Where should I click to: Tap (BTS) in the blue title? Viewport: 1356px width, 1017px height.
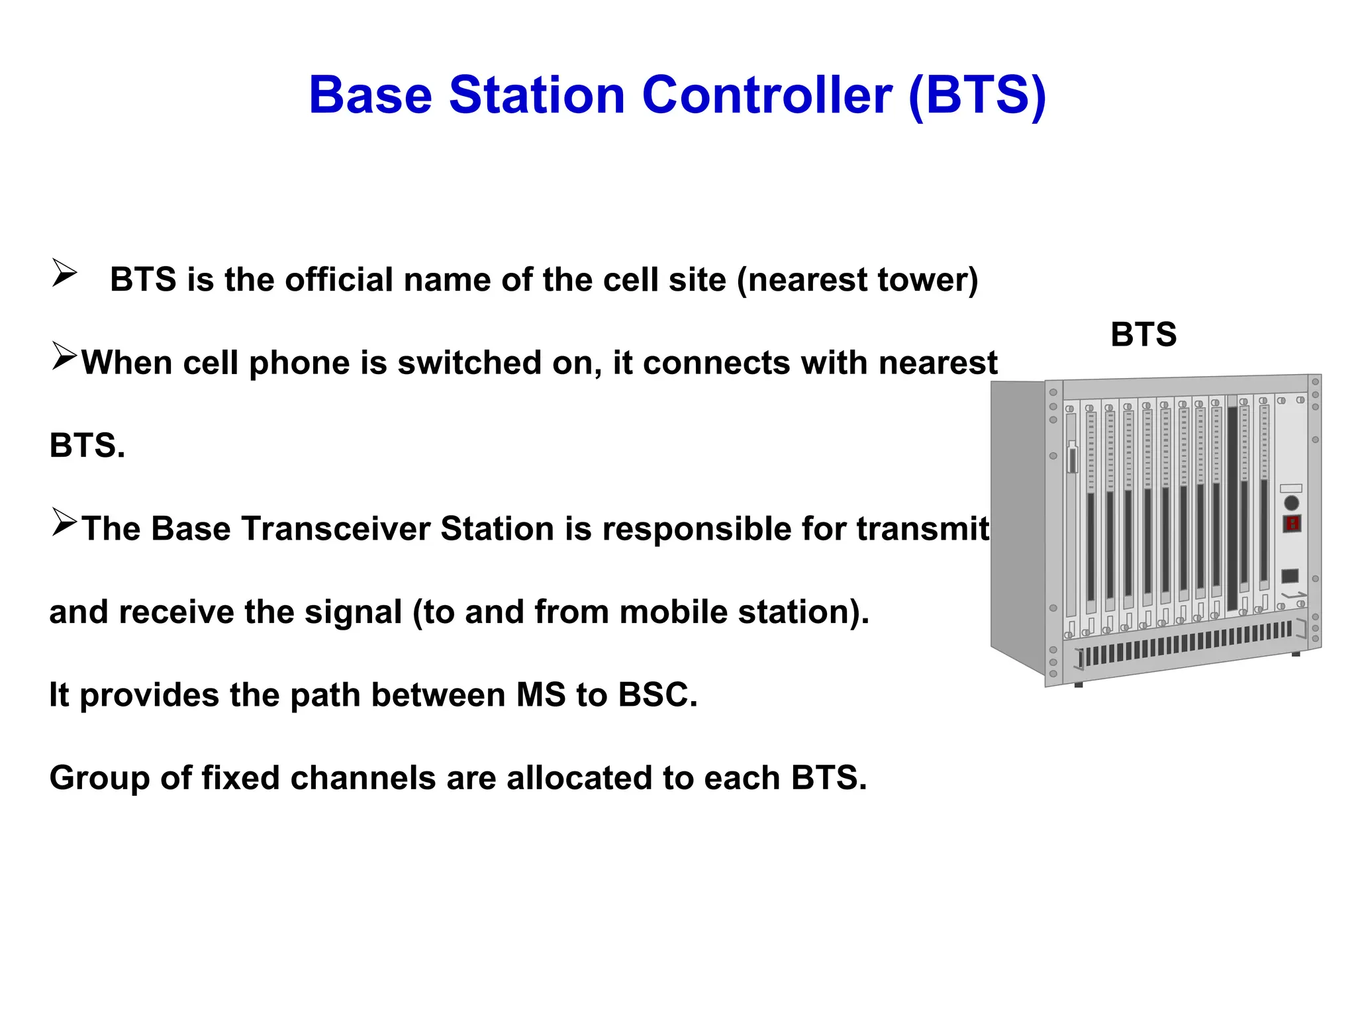click(977, 97)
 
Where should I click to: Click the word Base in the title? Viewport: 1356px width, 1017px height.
click(370, 95)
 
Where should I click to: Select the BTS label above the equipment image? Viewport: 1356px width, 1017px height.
click(1143, 334)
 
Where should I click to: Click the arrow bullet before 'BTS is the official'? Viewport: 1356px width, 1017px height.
click(64, 273)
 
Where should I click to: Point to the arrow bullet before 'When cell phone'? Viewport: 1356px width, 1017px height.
click(64, 357)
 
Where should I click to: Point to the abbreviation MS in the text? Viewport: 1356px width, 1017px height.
click(540, 695)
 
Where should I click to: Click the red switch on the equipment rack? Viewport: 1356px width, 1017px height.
click(1292, 524)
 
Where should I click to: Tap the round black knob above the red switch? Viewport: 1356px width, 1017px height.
click(1291, 503)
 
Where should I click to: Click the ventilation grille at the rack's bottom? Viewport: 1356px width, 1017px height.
click(1185, 644)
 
